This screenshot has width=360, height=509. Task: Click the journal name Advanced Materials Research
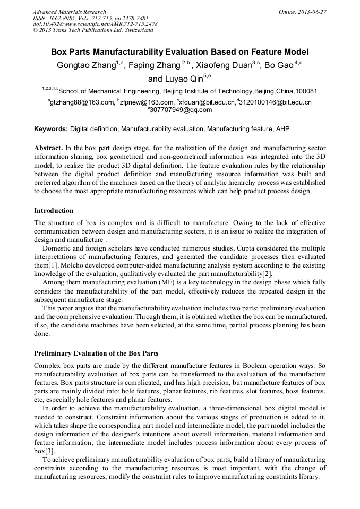(x=69, y=12)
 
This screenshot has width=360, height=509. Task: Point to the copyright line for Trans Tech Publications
(x=93, y=30)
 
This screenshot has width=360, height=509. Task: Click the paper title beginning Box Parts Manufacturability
(x=179, y=53)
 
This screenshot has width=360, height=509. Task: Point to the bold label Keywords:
(x=51, y=129)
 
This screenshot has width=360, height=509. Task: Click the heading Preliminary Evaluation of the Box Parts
(x=96, y=353)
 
